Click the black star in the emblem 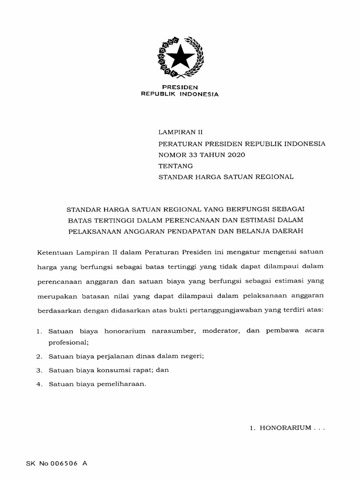pyautogui.click(x=180, y=58)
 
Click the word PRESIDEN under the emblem pyautogui.click(x=180, y=87)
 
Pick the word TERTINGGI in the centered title pyautogui.click(x=111, y=219)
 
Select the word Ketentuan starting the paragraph pyautogui.click(x=55, y=252)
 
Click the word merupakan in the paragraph pyautogui.click(x=56, y=297)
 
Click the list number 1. pyautogui.click(x=39, y=331)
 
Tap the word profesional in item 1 pyautogui.click(x=68, y=342)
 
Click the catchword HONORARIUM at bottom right pyautogui.click(x=286, y=428)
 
